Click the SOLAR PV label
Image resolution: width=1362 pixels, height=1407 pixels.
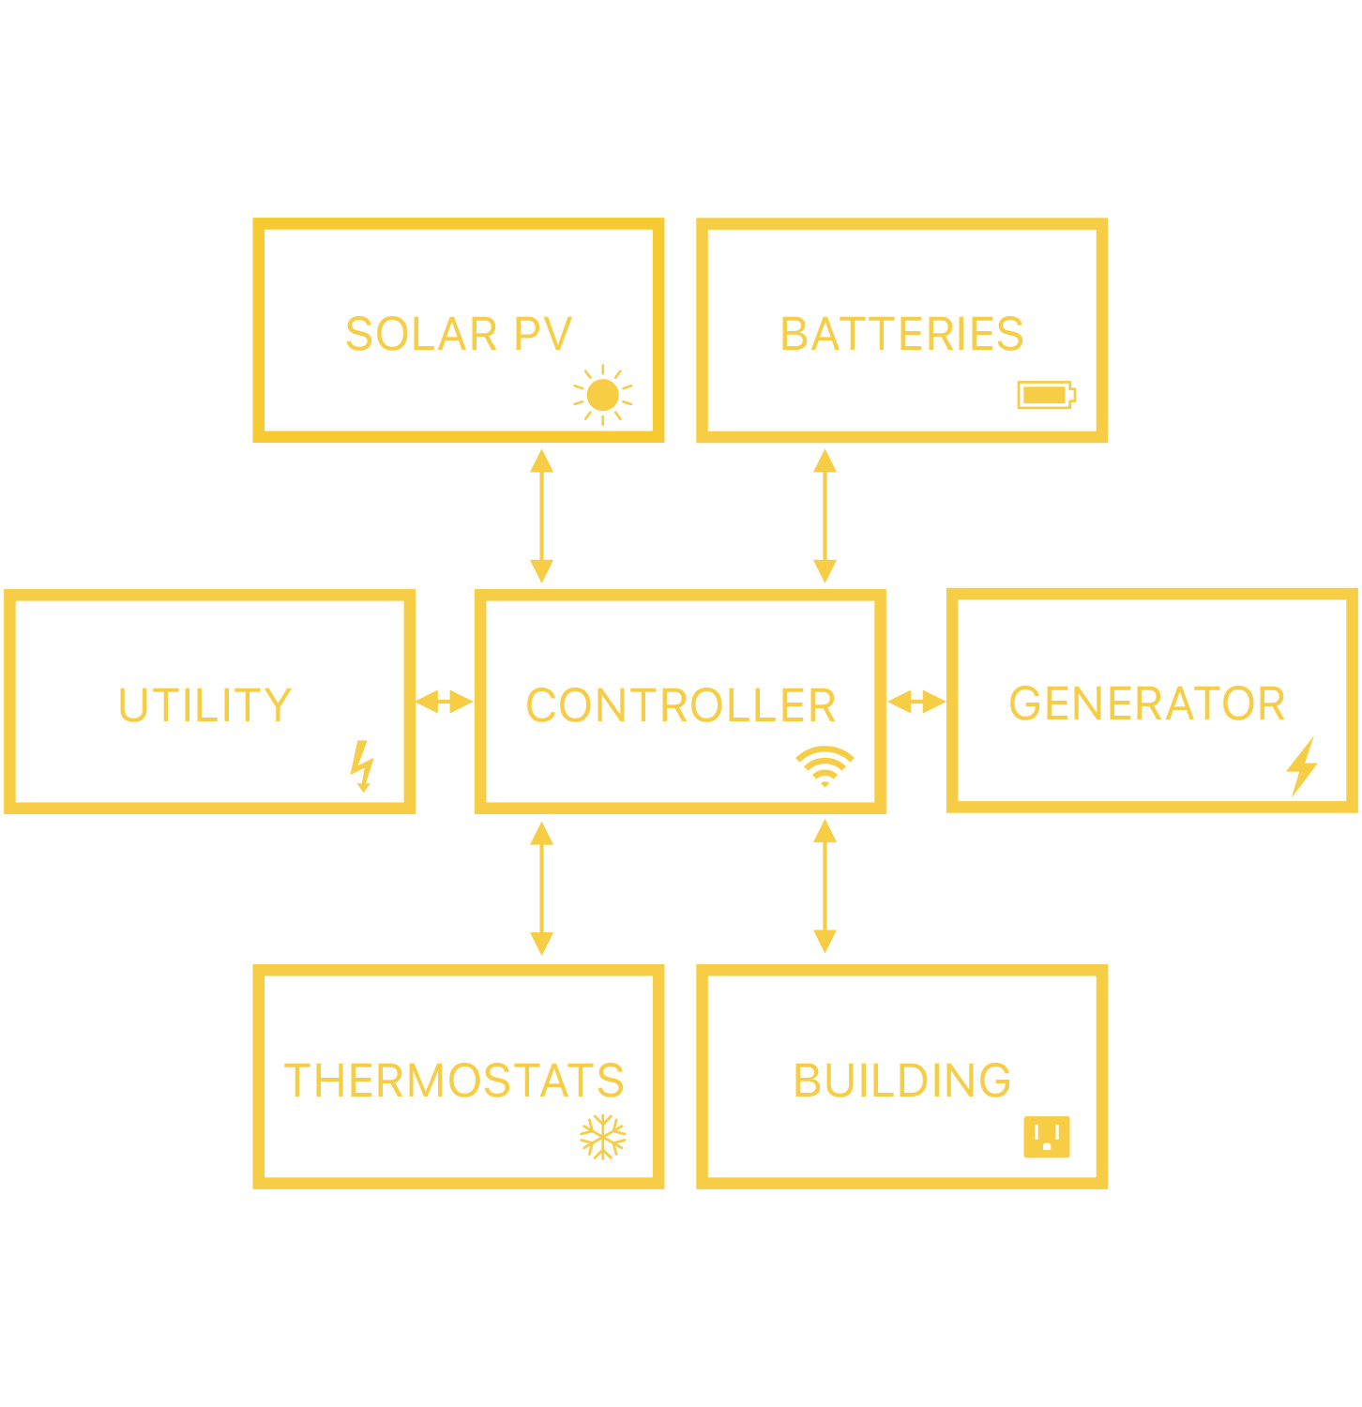(x=458, y=334)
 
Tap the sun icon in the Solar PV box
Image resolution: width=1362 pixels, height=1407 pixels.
(x=602, y=395)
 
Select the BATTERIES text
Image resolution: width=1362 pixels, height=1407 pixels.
(x=901, y=334)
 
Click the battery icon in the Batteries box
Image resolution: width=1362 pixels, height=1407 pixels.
(x=1046, y=395)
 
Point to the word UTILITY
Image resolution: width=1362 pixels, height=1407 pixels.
(x=204, y=704)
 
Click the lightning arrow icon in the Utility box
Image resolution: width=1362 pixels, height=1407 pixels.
(x=362, y=765)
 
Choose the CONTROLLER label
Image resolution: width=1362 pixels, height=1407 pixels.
(x=680, y=705)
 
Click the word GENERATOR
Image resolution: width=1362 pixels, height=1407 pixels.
(x=1146, y=703)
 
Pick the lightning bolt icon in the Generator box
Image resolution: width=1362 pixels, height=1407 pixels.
(x=1302, y=766)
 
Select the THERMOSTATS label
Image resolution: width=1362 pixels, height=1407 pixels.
(x=454, y=1081)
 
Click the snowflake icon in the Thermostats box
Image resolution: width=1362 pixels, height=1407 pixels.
(x=602, y=1137)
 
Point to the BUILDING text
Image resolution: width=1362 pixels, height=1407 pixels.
(x=901, y=1081)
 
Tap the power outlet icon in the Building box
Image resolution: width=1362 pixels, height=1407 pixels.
(x=1046, y=1137)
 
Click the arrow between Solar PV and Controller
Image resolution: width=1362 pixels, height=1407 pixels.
(x=541, y=516)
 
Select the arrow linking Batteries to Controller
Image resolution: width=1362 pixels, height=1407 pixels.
(x=825, y=516)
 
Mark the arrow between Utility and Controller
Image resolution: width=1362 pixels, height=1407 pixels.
(x=445, y=702)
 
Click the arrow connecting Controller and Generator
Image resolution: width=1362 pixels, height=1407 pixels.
(x=916, y=702)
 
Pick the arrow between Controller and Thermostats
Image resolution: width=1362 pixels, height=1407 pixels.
(x=541, y=888)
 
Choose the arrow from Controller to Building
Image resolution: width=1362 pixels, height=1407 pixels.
(x=825, y=887)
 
